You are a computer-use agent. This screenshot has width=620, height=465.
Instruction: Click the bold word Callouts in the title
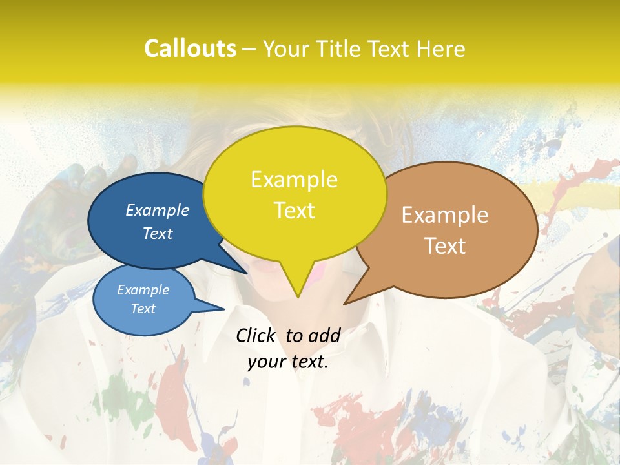[x=190, y=48]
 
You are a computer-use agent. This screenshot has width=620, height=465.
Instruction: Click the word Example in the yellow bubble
[x=294, y=180]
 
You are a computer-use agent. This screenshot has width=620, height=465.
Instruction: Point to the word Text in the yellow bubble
[x=294, y=211]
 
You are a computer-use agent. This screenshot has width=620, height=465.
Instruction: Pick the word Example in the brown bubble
[x=445, y=215]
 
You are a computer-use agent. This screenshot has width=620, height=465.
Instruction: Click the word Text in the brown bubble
[x=445, y=246]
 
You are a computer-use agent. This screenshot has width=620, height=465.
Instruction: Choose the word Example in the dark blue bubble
[x=158, y=210]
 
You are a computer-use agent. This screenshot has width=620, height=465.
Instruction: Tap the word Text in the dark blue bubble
[x=158, y=233]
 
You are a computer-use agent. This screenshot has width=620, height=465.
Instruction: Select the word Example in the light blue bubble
[x=143, y=290]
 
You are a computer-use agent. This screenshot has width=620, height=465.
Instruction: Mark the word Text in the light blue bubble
[x=143, y=309]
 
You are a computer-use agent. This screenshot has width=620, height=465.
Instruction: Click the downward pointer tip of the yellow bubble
[x=298, y=296]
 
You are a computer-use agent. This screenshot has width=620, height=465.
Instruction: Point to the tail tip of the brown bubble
[x=344, y=304]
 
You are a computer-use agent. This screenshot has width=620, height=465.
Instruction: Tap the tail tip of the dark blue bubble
[x=246, y=273]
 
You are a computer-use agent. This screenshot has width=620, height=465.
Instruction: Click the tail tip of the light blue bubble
[x=223, y=309]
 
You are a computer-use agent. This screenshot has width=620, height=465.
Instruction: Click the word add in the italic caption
[x=324, y=335]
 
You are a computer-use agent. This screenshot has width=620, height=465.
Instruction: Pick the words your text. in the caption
[x=288, y=362]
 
